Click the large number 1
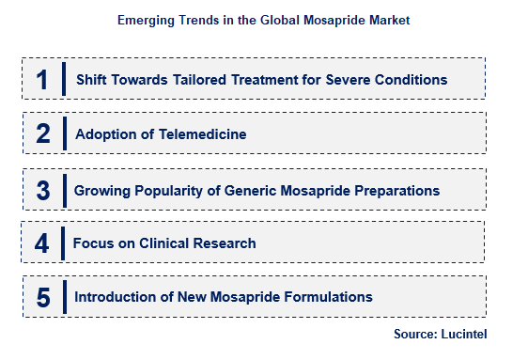41,80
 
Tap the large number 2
42,134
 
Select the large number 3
42,190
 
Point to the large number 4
42,243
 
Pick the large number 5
42,298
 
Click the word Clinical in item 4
164,243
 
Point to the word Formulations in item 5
325,297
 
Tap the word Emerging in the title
148,19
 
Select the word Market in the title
387,19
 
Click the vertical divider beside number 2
64,133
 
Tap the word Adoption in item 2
101,134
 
